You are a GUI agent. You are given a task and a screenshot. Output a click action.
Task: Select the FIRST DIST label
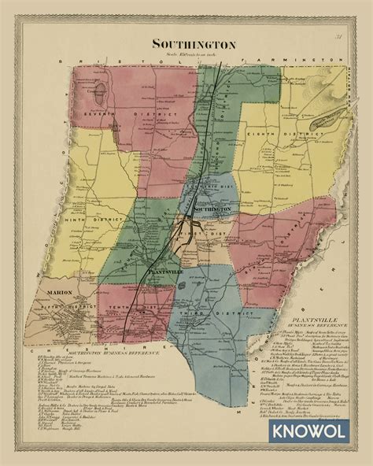click(x=199, y=234)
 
